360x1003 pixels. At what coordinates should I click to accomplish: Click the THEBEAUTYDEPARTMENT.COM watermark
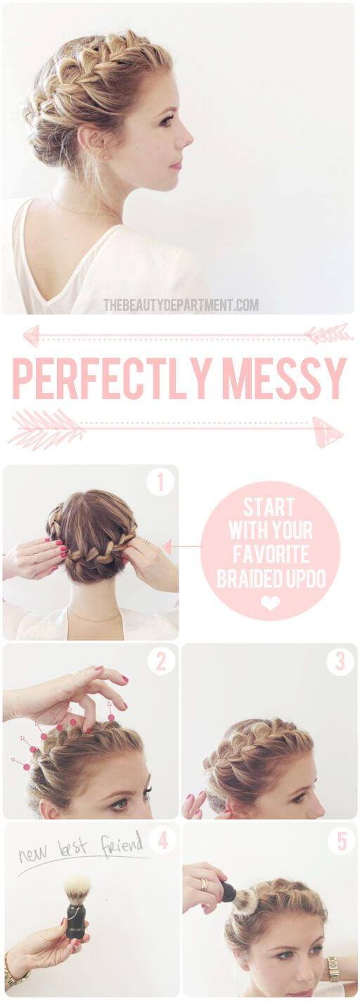click(181, 305)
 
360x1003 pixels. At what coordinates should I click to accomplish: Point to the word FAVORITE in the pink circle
click(271, 555)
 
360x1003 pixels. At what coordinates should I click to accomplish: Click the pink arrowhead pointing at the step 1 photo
click(167, 547)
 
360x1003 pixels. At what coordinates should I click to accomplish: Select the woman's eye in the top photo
click(167, 121)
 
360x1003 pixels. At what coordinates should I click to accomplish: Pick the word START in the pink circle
click(269, 507)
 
